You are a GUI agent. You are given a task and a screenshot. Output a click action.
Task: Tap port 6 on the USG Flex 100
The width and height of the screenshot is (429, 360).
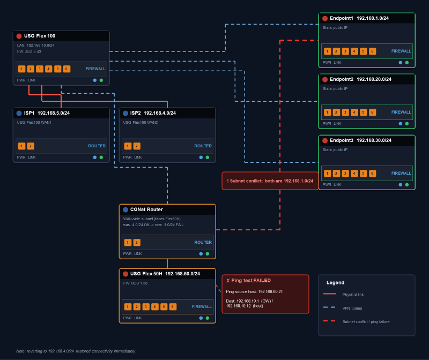point(66,69)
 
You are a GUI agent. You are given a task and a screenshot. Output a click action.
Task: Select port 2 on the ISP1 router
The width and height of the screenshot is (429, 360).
point(31,146)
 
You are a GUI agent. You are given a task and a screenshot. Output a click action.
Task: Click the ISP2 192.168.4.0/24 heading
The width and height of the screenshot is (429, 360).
point(153,113)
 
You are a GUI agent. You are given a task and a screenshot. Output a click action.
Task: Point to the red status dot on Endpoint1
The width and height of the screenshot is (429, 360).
point(325,18)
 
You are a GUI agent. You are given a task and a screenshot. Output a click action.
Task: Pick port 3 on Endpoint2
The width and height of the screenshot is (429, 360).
point(345,112)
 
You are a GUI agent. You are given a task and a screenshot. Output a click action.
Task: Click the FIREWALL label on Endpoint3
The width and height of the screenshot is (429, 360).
point(401,173)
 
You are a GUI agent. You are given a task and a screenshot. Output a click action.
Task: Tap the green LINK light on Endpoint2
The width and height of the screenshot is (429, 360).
point(407,124)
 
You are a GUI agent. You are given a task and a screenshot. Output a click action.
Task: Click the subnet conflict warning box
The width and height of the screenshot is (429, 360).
point(270,181)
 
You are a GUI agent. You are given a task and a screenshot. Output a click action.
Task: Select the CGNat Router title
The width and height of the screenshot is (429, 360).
point(146,209)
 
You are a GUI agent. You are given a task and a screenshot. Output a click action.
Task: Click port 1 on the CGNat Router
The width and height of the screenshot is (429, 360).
point(128,243)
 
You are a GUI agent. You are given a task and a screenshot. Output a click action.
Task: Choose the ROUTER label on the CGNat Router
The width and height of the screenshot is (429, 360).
point(203,243)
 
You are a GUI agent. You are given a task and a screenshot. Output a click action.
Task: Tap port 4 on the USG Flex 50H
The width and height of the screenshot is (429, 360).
point(154,307)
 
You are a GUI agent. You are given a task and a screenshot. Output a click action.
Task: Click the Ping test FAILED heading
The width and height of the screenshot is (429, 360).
point(248,281)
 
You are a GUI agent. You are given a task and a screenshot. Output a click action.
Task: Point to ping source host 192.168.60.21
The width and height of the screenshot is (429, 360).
point(254,291)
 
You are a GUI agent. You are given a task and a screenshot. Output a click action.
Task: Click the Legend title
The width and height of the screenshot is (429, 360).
point(336,283)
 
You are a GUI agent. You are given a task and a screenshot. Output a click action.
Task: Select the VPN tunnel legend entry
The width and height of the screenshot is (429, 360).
point(343,308)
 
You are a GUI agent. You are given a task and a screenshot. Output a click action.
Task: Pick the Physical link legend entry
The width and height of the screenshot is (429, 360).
point(343,295)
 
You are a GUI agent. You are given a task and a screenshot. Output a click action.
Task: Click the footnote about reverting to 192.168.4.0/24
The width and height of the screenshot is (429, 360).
point(76,351)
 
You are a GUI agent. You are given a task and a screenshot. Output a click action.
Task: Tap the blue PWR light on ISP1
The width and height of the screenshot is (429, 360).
point(95,157)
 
